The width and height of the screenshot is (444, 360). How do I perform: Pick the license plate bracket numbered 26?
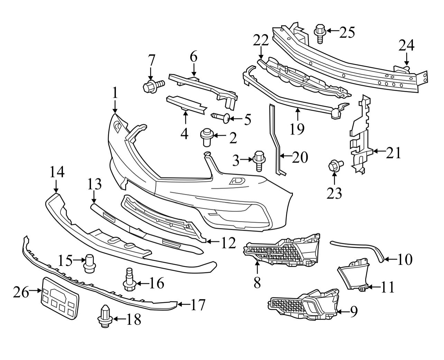[x=60, y=297]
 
